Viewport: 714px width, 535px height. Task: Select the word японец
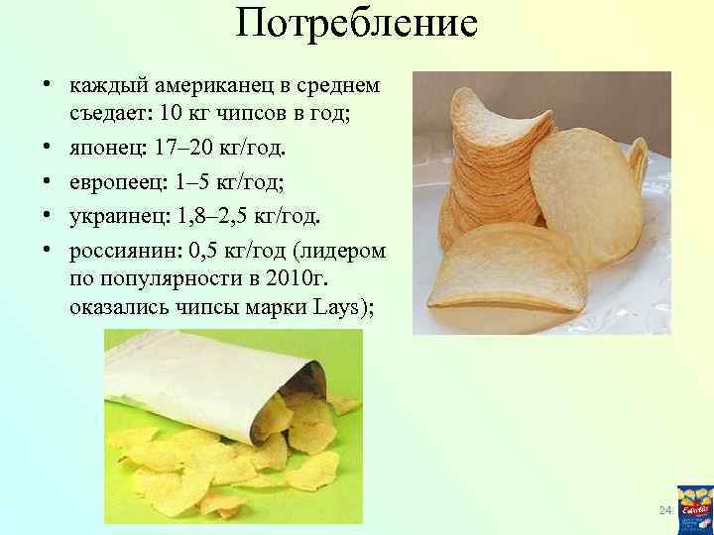[105, 149]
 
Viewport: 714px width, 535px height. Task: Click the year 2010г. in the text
[284, 277]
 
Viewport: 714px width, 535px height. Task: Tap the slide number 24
[665, 509]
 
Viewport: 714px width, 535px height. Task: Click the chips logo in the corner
[693, 509]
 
